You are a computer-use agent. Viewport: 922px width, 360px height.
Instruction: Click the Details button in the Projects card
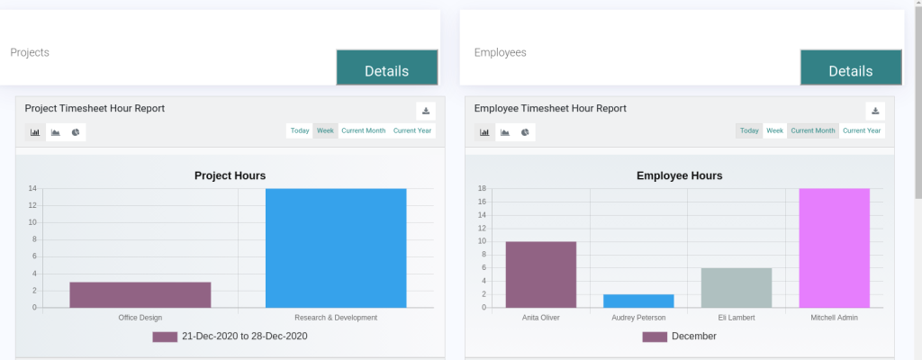387,68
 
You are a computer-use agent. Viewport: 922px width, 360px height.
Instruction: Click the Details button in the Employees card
851,68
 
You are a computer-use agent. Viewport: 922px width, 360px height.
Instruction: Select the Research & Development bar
336,247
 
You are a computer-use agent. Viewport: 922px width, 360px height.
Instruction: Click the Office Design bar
140,294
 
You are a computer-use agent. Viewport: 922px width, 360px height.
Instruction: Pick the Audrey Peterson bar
638,301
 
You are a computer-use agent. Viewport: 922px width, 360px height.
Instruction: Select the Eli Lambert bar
737,287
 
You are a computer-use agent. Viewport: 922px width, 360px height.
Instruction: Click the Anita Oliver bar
540,274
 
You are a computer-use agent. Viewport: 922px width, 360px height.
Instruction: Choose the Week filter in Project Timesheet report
325,130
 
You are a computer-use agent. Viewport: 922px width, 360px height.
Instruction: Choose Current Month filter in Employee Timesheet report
813,130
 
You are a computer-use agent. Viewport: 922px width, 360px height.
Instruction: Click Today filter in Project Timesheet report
300,130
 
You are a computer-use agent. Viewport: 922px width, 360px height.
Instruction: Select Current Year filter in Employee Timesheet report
862,130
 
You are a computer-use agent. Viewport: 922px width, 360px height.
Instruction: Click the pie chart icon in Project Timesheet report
76,132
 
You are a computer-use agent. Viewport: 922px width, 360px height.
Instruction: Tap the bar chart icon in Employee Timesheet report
484,132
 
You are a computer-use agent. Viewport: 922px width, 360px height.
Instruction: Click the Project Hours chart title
230,175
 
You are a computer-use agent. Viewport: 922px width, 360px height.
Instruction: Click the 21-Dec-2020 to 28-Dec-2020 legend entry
230,337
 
